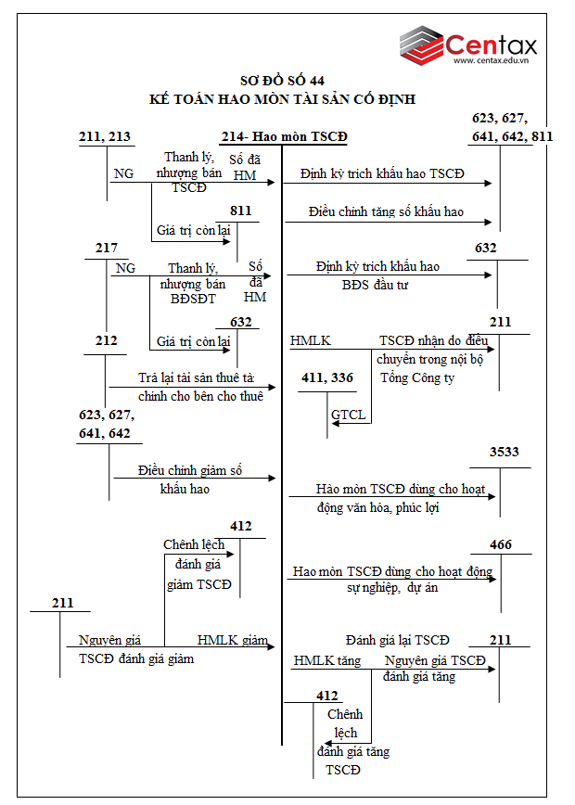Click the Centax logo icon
422,45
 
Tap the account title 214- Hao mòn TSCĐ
284,137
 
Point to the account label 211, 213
105,137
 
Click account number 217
107,248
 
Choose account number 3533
505,452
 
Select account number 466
501,544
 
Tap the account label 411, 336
328,377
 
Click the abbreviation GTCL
349,414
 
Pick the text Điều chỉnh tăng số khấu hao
374,212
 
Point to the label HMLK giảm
232,641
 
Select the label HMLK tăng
326,660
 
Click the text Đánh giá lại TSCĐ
397,640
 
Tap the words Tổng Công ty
417,377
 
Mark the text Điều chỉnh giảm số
190,470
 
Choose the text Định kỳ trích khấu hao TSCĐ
381,174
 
